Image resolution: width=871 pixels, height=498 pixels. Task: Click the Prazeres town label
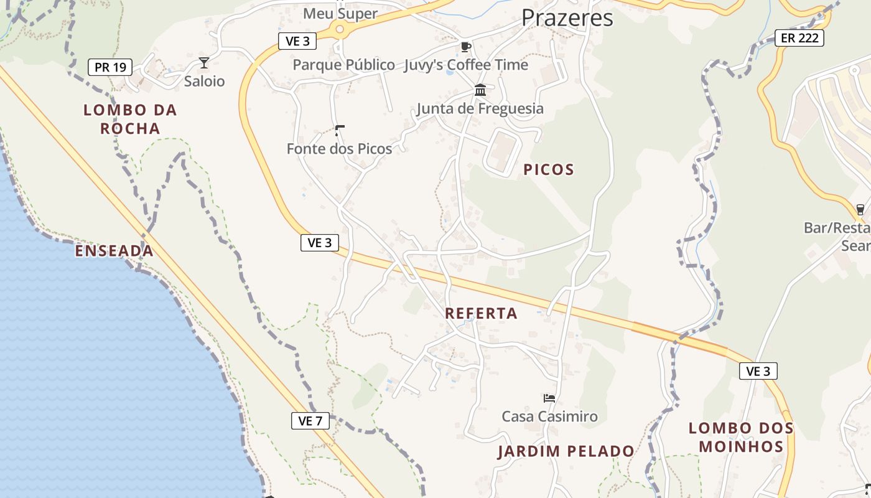tap(567, 18)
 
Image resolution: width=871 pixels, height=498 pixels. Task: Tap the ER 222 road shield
tap(799, 38)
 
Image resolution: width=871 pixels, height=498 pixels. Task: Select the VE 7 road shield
tap(310, 421)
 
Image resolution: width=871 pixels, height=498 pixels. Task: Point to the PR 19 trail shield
tap(110, 67)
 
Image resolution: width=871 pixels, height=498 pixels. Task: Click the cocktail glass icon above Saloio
tap(203, 62)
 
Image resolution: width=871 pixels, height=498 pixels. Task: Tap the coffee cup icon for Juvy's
tap(465, 47)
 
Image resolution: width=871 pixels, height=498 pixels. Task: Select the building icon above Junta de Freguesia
tap(480, 90)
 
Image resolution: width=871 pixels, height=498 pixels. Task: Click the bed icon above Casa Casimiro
tap(549, 398)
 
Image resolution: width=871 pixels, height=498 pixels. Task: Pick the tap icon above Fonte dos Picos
tap(339, 130)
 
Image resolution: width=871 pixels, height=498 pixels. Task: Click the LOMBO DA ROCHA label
tap(131, 120)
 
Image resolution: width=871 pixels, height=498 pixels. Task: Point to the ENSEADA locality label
tap(114, 251)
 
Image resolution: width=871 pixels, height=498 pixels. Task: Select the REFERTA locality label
tap(481, 313)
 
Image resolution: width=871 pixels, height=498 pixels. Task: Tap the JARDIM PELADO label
tap(566, 451)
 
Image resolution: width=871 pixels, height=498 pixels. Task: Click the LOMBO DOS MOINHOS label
tap(741, 437)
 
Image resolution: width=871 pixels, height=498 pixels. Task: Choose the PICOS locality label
tap(548, 169)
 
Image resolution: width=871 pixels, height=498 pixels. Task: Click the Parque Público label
tap(343, 65)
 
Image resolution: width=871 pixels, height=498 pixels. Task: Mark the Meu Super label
tap(340, 14)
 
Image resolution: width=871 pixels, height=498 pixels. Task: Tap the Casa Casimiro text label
tap(549, 416)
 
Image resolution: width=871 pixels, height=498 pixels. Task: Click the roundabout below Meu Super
tap(339, 29)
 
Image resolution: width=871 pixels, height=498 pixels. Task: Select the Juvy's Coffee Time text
tap(466, 65)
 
